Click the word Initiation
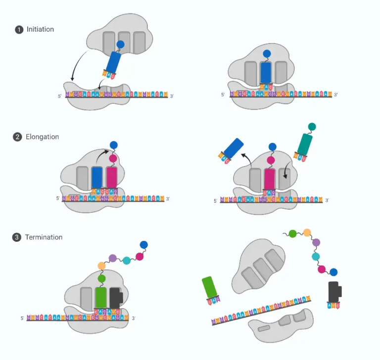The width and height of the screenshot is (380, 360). point(40,30)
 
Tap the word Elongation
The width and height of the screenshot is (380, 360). point(42,137)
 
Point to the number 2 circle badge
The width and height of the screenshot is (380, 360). point(17,137)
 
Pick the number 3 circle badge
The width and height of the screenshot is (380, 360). point(17,237)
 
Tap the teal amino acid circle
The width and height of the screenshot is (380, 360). point(312,127)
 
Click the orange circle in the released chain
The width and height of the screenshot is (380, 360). point(307,232)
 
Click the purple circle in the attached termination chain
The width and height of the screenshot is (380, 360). point(113,258)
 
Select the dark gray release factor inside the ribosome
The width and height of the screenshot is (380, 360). point(116,298)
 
